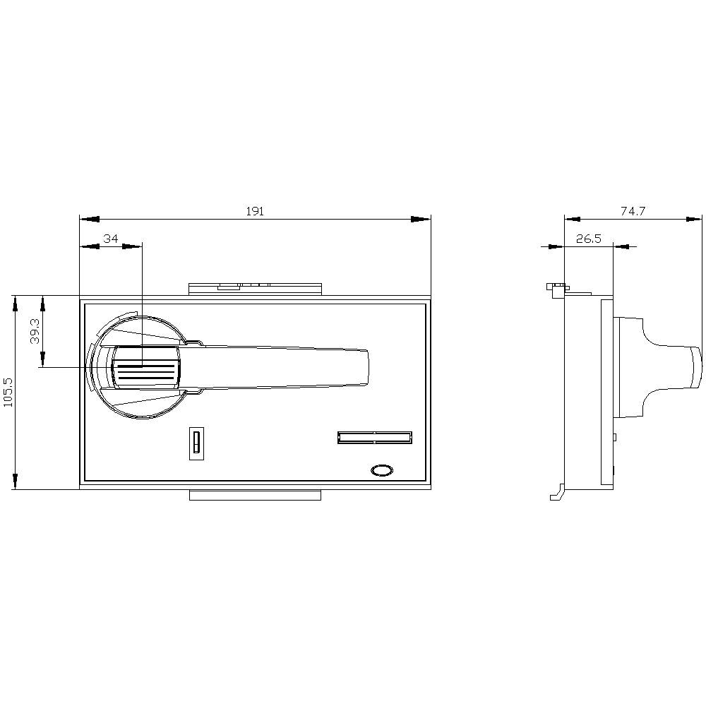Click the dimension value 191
coord(255,211)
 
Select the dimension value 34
coord(111,239)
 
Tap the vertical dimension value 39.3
coord(35,330)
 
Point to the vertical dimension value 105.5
coord(8,392)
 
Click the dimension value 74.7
coord(633,211)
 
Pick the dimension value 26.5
coord(588,239)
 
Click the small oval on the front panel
coord(381,469)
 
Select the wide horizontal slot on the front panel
coord(374,438)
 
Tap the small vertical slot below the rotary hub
coord(196,443)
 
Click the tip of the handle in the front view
coord(364,367)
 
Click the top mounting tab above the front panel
coord(255,288)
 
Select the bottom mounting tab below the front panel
coord(255,495)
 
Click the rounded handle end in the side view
coord(695,368)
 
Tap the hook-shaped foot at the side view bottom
coord(556,492)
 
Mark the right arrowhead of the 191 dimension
coord(421,219)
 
